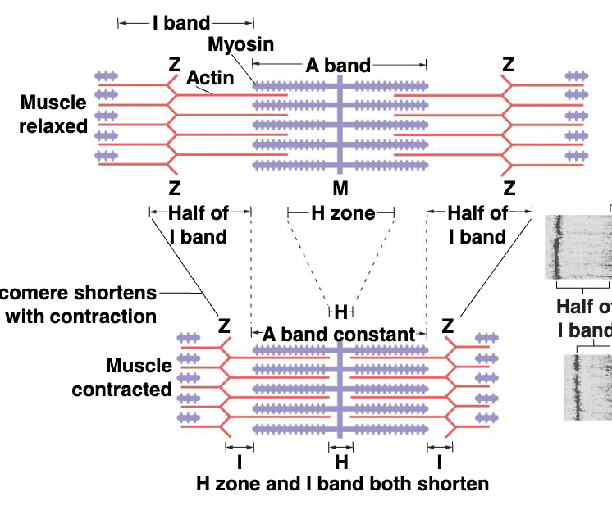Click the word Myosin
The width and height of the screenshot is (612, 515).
[240, 43]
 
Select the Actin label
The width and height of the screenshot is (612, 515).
[210, 79]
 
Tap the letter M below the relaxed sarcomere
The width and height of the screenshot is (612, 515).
[340, 188]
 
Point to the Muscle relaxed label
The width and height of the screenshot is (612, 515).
[53, 114]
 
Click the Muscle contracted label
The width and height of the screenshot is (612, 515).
[122, 377]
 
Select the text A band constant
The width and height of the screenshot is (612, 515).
[339, 334]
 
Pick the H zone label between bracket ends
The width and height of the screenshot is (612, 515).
[341, 214]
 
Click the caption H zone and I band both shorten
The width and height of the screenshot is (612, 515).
[343, 483]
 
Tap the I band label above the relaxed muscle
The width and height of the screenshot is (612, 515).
[180, 22]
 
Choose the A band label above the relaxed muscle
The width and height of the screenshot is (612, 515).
[338, 64]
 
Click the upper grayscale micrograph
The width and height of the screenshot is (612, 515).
[578, 246]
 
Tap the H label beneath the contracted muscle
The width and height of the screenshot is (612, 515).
[340, 460]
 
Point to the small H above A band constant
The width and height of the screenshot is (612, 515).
[340, 312]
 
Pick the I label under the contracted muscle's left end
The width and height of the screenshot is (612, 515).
[239, 460]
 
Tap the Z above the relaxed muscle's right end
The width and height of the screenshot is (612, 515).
[509, 64]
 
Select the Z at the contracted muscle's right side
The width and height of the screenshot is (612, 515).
[448, 326]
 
